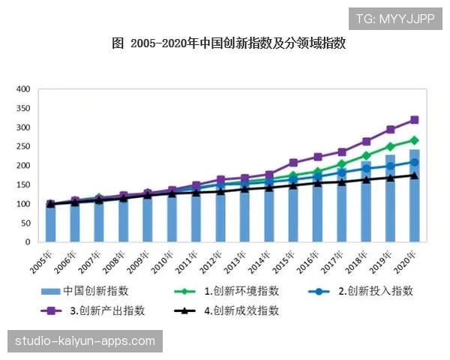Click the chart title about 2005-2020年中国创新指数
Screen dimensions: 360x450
(228, 43)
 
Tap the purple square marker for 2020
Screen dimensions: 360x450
(414, 120)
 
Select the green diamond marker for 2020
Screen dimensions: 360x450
(414, 140)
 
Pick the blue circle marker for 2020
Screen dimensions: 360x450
(414, 162)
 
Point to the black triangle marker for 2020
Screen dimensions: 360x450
(414, 175)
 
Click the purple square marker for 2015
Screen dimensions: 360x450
(293, 163)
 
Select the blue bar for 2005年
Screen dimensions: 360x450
(51, 223)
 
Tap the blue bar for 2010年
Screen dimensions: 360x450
(172, 217)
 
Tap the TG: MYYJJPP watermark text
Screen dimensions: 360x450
(395, 19)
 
